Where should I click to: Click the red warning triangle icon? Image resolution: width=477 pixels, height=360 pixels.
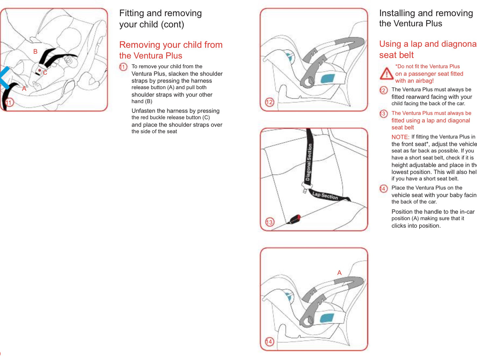pyautogui.click(x=386, y=74)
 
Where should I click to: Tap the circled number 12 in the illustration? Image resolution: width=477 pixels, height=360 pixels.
pyautogui.click(x=269, y=102)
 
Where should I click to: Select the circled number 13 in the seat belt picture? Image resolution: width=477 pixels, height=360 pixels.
pyautogui.click(x=269, y=222)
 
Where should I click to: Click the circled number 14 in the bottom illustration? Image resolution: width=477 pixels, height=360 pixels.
pyautogui.click(x=269, y=342)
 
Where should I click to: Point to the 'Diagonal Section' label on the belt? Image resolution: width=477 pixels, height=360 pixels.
pyautogui.click(x=309, y=162)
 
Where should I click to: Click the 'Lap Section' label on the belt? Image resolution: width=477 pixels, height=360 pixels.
pyautogui.click(x=325, y=196)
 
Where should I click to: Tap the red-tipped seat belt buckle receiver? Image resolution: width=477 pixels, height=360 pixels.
pyautogui.click(x=295, y=219)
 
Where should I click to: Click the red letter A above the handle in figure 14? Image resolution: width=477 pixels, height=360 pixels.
pyautogui.click(x=339, y=273)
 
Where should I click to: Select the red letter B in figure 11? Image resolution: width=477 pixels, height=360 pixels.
pyautogui.click(x=35, y=51)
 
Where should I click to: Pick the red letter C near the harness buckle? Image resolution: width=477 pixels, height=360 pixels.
pyautogui.click(x=45, y=73)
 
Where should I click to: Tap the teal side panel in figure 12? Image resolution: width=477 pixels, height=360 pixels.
pyautogui.click(x=327, y=79)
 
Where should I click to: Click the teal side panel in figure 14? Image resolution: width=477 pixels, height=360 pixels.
pyautogui.click(x=327, y=318)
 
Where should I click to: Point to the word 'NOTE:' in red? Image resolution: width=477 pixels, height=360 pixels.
pyautogui.click(x=400, y=137)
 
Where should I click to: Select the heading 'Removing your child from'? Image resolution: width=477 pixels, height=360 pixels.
pyautogui.click(x=171, y=45)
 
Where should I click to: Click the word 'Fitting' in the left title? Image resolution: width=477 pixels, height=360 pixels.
pyautogui.click(x=131, y=13)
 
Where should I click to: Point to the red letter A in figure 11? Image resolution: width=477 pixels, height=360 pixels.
pyautogui.click(x=24, y=88)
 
